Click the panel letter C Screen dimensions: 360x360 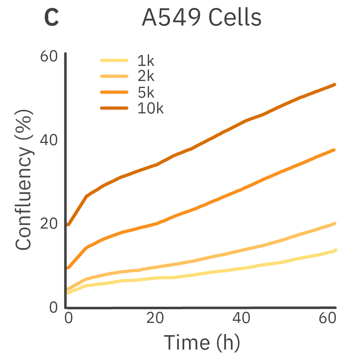click(51, 18)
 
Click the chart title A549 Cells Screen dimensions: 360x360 click(201, 18)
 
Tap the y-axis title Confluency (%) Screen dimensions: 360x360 click(24, 180)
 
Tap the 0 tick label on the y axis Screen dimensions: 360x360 click(53, 307)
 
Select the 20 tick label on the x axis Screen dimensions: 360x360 click(156, 319)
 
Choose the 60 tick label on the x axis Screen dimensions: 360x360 click(327, 319)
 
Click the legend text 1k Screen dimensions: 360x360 click(145, 61)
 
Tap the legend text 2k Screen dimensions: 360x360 click(145, 77)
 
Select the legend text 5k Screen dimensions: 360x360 click(145, 93)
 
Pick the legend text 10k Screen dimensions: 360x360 click(150, 108)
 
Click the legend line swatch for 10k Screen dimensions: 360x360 click(114, 108)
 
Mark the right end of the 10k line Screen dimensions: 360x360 click(335, 85)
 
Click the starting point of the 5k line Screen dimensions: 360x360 click(68, 268)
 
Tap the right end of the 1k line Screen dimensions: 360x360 click(335, 250)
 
